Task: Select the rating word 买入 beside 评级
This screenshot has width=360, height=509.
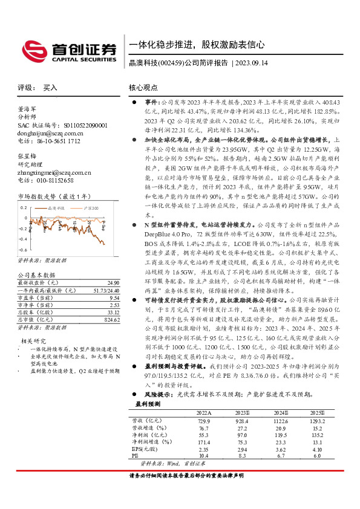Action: (50, 88)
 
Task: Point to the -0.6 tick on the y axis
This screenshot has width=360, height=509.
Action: (22, 249)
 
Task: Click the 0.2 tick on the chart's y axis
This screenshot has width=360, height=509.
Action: (24, 207)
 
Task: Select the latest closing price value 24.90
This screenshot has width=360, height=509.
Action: (113, 283)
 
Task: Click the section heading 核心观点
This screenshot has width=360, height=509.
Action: (145, 88)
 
